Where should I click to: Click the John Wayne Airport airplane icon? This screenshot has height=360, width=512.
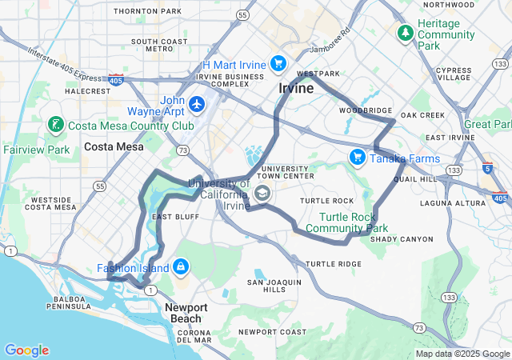(x=198, y=104)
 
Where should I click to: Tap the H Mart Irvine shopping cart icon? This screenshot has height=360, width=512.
(x=278, y=63)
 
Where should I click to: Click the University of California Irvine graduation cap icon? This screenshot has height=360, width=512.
(x=262, y=193)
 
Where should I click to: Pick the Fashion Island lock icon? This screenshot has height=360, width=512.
(x=181, y=266)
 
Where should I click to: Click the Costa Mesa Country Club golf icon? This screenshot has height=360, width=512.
(x=55, y=125)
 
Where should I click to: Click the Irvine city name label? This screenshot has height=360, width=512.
(x=296, y=88)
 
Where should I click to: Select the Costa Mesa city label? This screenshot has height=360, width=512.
(x=114, y=146)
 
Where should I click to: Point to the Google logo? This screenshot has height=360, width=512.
(x=26, y=350)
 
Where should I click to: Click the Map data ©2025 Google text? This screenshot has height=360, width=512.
(x=462, y=354)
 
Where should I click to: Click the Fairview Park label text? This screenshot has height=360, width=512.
(x=36, y=150)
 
